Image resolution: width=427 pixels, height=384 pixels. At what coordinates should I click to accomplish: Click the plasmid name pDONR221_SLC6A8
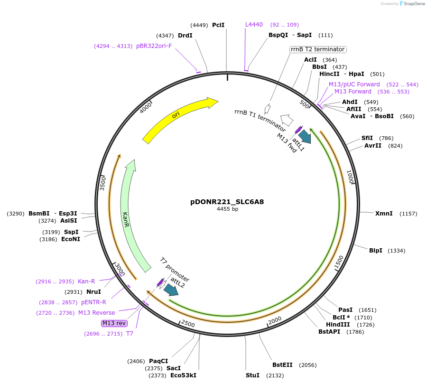click(x=227, y=202)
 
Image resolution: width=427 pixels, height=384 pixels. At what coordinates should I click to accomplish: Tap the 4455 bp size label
click(x=227, y=209)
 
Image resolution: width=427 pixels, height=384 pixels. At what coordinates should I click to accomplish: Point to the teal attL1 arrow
click(x=305, y=137)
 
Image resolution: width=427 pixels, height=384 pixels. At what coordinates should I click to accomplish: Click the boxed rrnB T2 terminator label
click(x=317, y=49)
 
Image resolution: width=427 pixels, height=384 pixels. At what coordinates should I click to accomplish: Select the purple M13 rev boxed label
click(x=114, y=323)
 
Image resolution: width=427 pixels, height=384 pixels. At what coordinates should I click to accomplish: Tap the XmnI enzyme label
click(x=384, y=214)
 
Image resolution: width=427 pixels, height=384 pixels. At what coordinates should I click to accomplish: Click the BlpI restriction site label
click(x=376, y=251)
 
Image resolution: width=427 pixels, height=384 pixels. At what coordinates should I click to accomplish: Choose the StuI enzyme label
click(x=252, y=375)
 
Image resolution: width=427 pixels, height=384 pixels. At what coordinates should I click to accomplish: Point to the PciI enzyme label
click(x=218, y=25)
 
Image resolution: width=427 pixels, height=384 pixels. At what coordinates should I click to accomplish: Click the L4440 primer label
click(x=254, y=25)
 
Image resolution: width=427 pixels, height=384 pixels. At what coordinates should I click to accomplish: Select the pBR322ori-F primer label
click(x=154, y=46)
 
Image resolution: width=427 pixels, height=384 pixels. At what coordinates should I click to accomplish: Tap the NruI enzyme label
click(x=93, y=292)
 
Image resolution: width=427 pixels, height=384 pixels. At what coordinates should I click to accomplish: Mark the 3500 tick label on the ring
click(x=102, y=183)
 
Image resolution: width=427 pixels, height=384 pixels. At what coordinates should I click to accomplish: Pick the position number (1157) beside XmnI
click(x=408, y=214)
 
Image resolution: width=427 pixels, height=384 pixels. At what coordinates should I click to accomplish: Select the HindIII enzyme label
click(x=338, y=325)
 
